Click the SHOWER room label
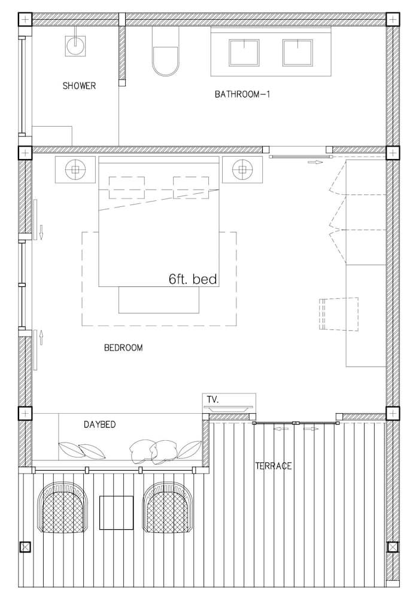(79, 86)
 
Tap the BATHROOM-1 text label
(242, 94)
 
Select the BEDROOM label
(123, 348)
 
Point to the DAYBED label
(99, 425)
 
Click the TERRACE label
(274, 466)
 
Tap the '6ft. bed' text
(193, 279)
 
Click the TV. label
(212, 399)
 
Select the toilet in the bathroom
(166, 51)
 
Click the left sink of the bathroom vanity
(244, 53)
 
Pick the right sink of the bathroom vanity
(297, 53)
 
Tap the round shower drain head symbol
(75, 46)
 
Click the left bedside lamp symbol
(75, 169)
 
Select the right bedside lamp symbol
(243, 169)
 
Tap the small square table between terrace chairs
(116, 512)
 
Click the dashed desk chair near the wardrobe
(339, 314)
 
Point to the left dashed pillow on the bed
(127, 187)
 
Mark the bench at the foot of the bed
(159, 300)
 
